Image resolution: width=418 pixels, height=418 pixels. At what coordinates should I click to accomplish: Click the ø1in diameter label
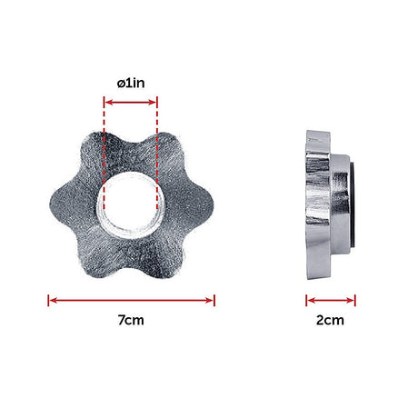tap(131, 82)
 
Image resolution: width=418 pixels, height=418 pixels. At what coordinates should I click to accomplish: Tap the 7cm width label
tap(131, 321)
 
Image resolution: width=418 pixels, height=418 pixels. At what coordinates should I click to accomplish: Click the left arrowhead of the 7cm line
tap(52, 298)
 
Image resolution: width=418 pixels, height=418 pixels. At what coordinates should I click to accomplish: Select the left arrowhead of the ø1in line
tap(108, 103)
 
